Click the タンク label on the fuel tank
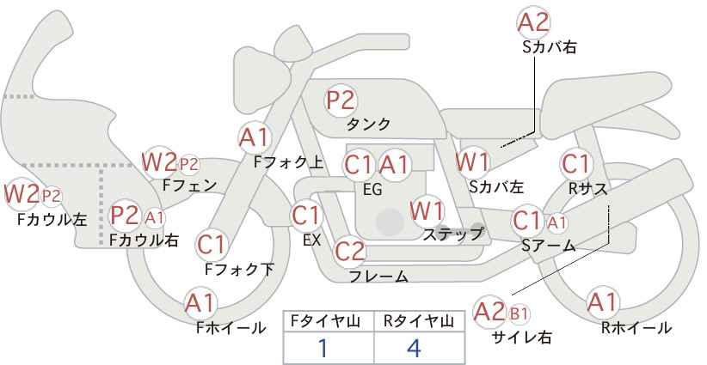click(x=368, y=124)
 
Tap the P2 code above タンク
click(x=341, y=100)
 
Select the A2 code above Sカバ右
click(x=533, y=23)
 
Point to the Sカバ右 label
click(x=550, y=48)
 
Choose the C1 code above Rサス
click(x=575, y=164)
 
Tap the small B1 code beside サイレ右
click(x=519, y=313)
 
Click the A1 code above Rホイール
click(x=601, y=302)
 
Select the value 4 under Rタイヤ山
click(x=414, y=349)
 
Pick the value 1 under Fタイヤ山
click(x=323, y=349)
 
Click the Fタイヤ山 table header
click(x=325, y=321)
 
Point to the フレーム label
click(x=378, y=276)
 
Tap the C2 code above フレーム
click(x=349, y=251)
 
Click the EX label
click(x=311, y=240)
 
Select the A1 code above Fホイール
click(x=200, y=303)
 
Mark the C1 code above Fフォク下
click(x=211, y=245)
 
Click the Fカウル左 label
click(x=52, y=220)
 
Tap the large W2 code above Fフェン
click(x=159, y=162)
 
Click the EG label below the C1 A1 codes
click(x=372, y=190)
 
